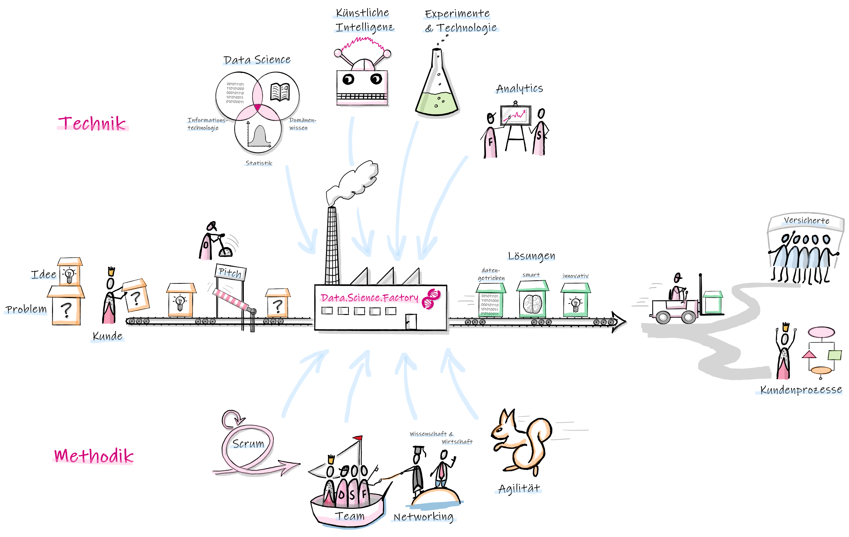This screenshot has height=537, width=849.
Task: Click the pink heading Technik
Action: (x=92, y=124)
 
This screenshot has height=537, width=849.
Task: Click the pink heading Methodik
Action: (x=94, y=456)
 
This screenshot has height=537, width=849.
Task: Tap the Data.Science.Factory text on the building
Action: (x=369, y=298)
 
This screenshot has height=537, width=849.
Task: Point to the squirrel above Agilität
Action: (x=522, y=441)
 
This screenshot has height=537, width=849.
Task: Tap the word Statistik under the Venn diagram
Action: (x=259, y=163)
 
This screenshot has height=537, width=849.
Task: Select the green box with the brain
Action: (x=532, y=300)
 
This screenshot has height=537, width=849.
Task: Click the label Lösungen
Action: (x=531, y=256)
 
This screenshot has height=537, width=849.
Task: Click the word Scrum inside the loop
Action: (x=249, y=444)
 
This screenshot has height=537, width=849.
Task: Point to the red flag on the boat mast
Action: (x=358, y=438)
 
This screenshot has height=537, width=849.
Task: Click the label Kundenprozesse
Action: (x=801, y=390)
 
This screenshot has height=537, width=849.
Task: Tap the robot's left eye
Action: (x=348, y=80)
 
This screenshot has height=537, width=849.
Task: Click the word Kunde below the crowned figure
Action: (x=108, y=336)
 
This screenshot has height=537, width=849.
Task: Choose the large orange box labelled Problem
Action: (x=66, y=307)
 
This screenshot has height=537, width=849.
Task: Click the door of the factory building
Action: (x=411, y=322)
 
